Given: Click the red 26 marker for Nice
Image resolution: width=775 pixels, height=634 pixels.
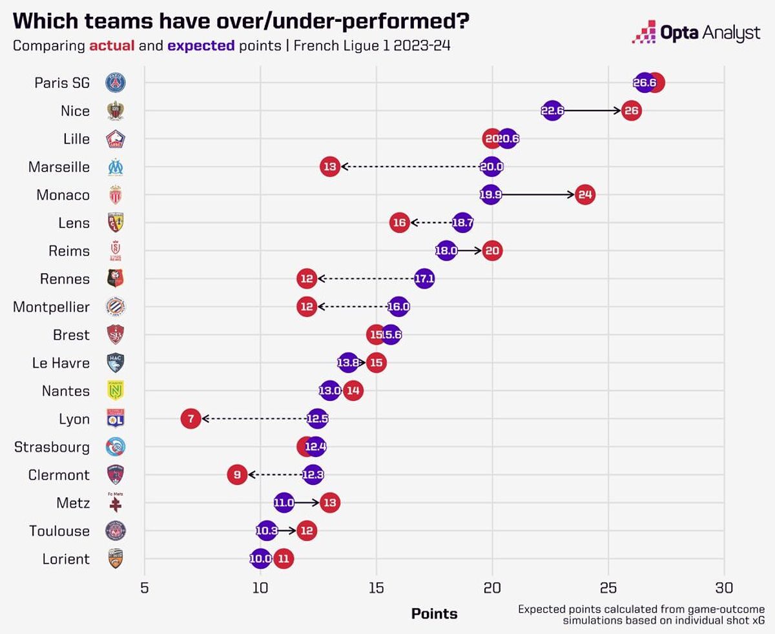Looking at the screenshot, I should [x=631, y=111].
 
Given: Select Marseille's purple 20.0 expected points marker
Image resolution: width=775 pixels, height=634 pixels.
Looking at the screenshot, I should [x=491, y=167].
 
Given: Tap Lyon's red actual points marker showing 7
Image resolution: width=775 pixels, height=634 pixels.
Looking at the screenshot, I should [x=191, y=419].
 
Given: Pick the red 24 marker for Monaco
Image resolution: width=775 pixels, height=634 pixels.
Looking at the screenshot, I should [x=585, y=194].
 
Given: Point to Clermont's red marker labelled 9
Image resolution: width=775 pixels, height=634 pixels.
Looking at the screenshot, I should [x=237, y=475].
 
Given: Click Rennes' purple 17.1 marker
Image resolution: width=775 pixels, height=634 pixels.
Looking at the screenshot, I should [x=424, y=279].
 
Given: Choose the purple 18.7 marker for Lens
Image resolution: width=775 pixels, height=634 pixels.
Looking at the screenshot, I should [x=463, y=223].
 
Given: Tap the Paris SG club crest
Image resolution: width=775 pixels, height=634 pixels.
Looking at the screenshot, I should [x=116, y=83].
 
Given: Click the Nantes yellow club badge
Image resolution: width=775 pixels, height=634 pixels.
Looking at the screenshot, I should [x=116, y=391].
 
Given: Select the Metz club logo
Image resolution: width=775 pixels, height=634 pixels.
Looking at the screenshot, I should [x=116, y=502].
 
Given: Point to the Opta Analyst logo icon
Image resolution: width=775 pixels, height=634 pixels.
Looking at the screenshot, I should [x=644, y=32].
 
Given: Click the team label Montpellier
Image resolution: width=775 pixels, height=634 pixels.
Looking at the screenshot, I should [x=51, y=307].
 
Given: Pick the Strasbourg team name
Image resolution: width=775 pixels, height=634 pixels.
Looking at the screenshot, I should [x=52, y=447].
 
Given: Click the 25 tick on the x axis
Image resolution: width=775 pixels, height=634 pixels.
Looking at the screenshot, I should [x=608, y=588].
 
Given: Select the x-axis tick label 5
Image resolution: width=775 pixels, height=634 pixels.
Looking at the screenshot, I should [x=144, y=588].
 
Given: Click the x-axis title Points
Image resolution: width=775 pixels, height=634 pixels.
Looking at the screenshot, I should [x=434, y=613].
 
